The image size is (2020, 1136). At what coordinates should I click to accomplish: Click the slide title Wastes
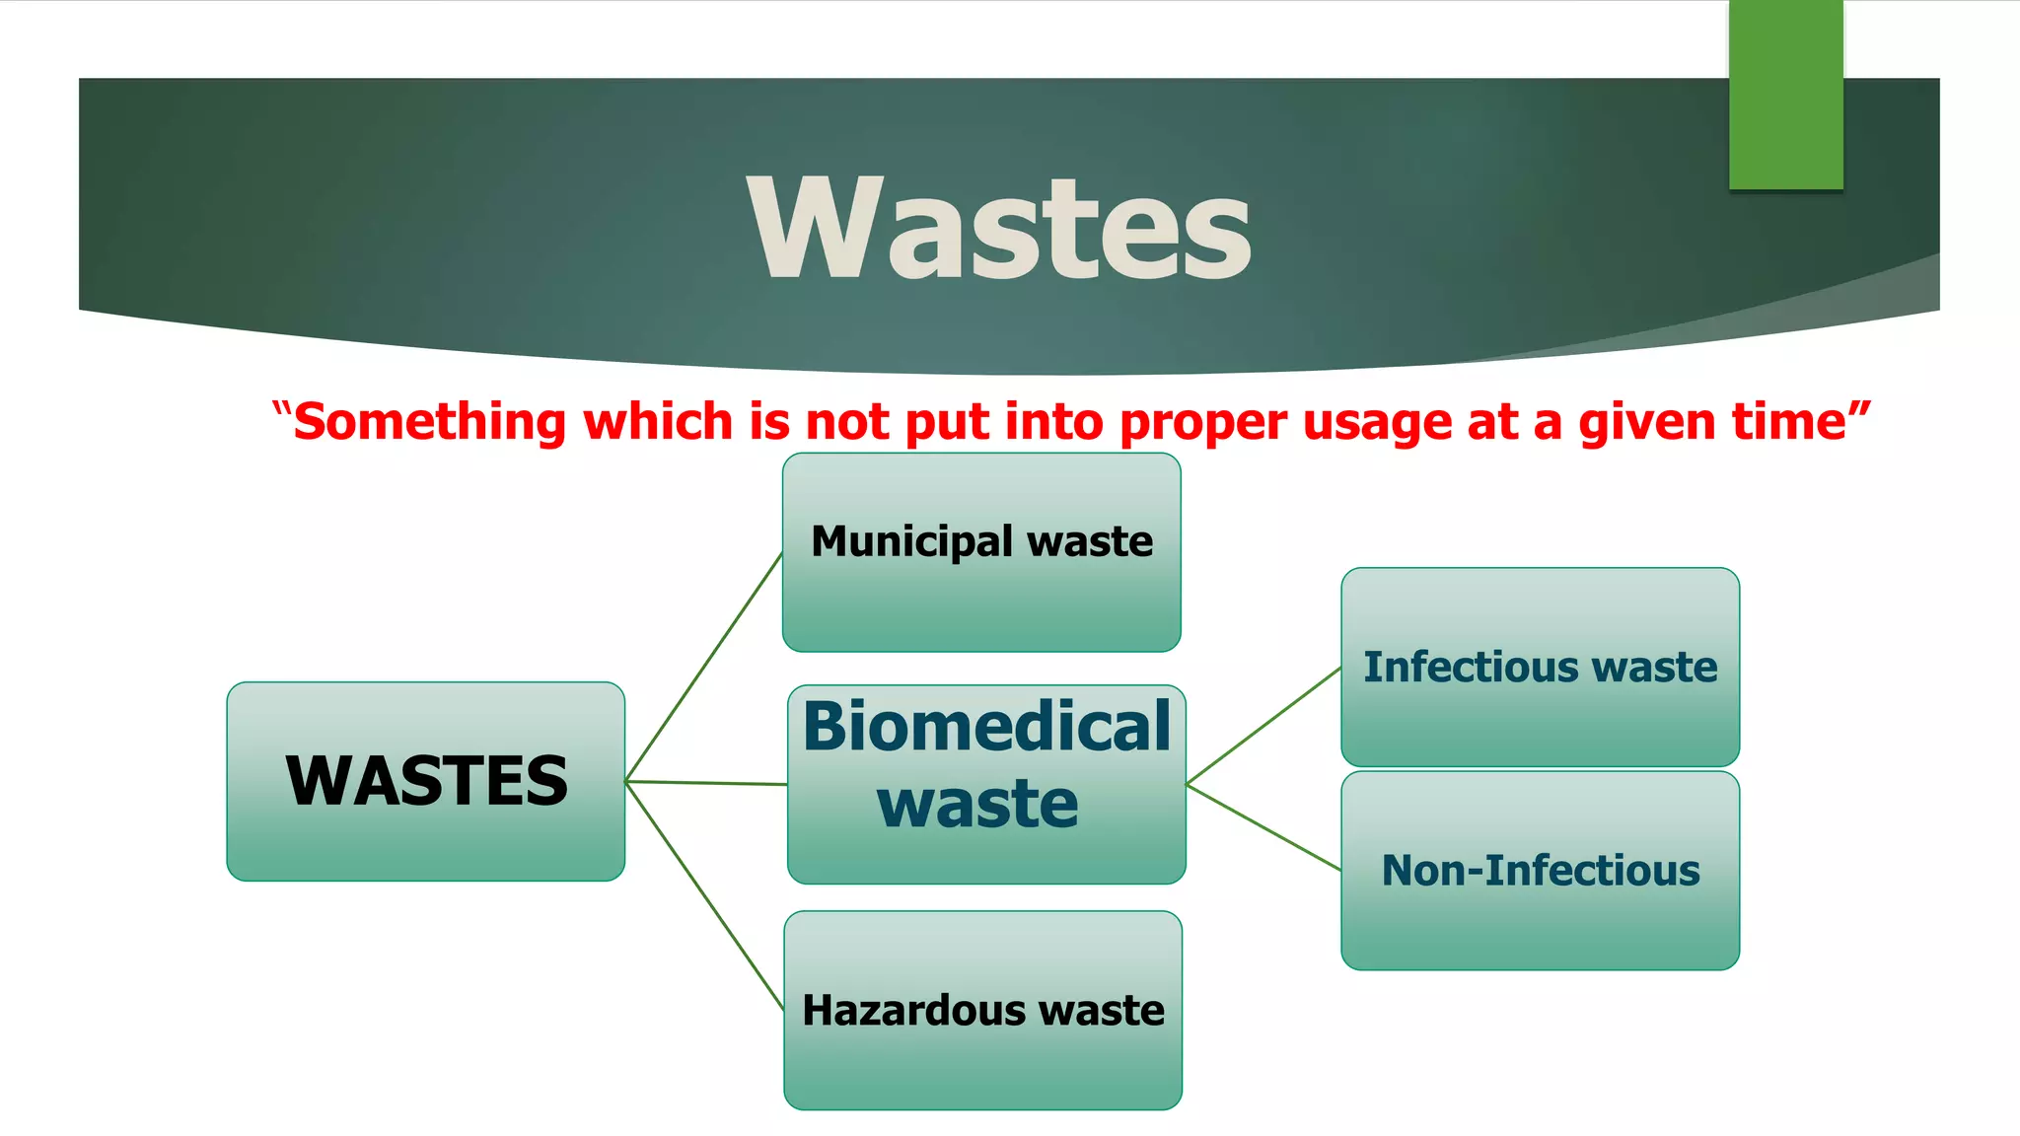pos(998,229)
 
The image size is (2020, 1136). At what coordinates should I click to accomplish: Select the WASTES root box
pos(425,781)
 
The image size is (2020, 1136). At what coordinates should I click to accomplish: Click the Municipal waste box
pos(981,552)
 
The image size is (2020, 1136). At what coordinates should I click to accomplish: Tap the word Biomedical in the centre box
pos(986,727)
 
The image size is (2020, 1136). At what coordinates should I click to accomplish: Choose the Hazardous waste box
pos(982,1010)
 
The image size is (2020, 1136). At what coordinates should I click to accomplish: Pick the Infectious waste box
pos(1540,668)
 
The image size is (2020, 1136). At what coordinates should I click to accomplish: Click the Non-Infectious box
pos(1540,871)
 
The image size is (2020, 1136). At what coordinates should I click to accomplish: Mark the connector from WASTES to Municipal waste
pos(704,667)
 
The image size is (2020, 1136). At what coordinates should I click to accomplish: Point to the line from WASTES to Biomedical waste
pos(706,783)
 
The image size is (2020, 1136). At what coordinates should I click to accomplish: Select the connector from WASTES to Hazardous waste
pos(704,894)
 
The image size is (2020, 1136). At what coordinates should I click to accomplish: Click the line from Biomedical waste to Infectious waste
pos(1263,726)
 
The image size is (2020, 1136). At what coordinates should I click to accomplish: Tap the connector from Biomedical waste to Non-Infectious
pos(1263,827)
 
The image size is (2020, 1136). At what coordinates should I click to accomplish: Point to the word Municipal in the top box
pos(911,541)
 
